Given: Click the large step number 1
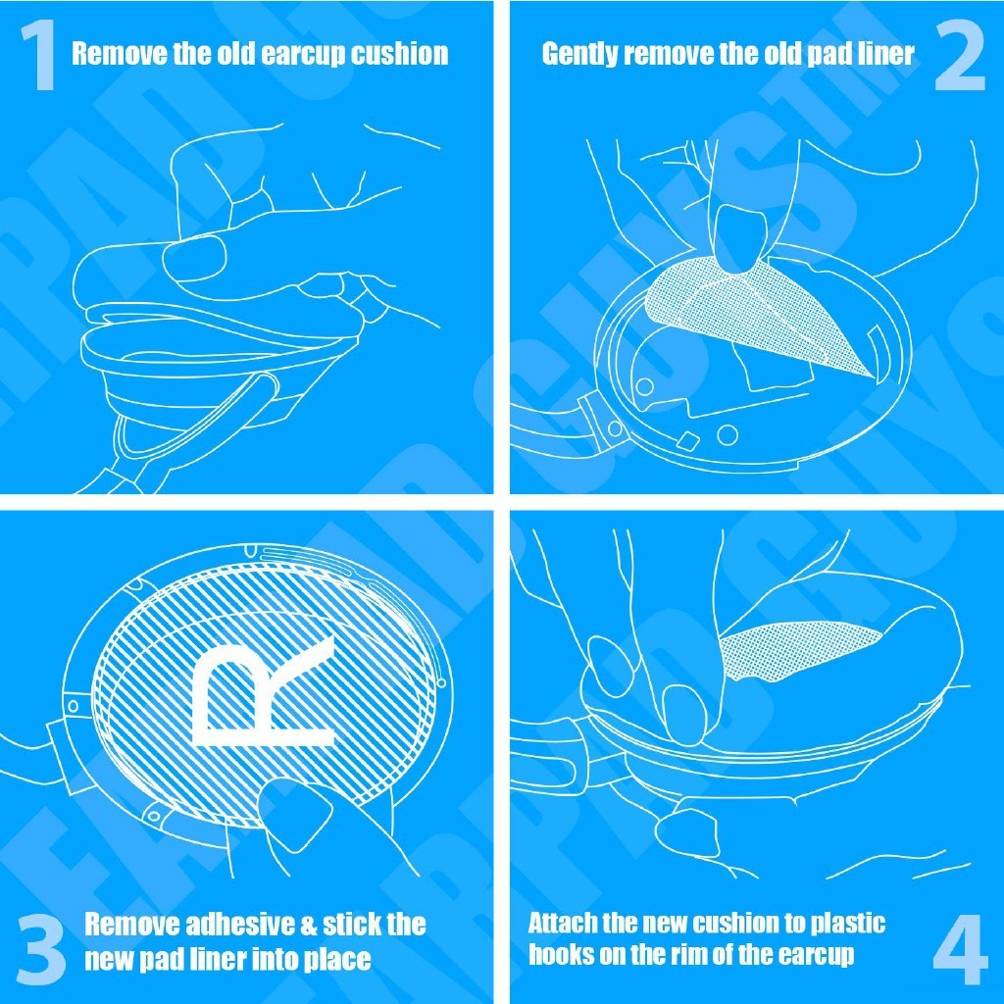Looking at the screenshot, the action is click(x=39, y=56).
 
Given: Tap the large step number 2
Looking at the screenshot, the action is click(x=959, y=56).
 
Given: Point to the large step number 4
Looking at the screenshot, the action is click(x=961, y=949).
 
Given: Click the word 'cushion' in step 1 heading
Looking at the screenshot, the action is click(x=399, y=54).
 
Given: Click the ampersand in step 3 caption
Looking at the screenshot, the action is click(x=308, y=925).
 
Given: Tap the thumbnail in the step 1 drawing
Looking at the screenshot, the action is click(x=194, y=258).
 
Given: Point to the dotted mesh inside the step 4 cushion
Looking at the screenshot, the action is click(x=800, y=650).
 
